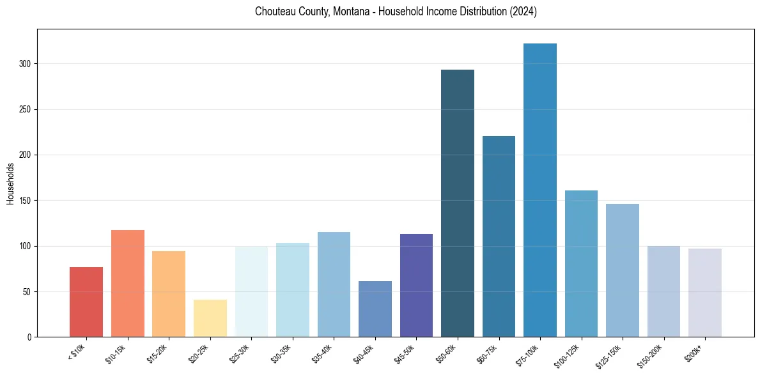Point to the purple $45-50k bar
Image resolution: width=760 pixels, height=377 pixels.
pyautogui.click(x=416, y=285)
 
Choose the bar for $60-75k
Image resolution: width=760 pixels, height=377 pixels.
pyautogui.click(x=499, y=236)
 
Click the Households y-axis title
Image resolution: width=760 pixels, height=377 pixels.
pyautogui.click(x=10, y=183)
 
